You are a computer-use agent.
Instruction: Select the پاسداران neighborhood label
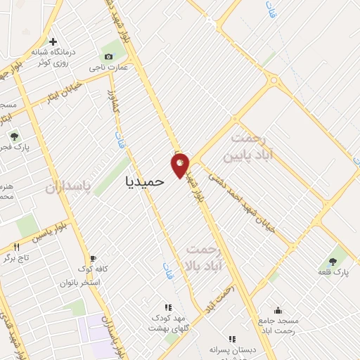point(70,188)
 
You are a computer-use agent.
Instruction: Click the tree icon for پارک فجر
point(13,137)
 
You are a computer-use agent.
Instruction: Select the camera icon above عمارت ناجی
point(108,56)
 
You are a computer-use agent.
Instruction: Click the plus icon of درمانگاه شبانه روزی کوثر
point(53,41)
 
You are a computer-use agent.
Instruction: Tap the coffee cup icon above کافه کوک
point(93,257)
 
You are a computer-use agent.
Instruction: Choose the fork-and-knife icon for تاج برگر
point(16,247)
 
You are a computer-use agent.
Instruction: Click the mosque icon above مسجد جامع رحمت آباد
point(278,310)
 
